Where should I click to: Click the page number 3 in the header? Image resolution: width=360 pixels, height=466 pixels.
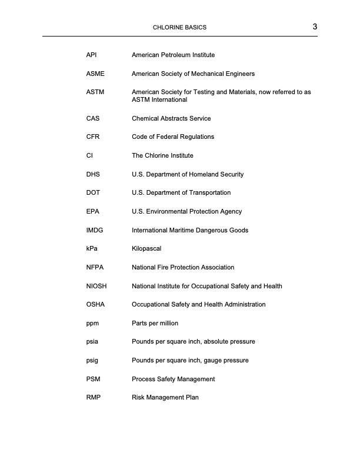[x=315, y=26]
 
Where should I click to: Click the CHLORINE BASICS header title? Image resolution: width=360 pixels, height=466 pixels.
[x=179, y=28]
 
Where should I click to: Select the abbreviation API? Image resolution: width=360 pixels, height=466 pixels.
[x=91, y=55]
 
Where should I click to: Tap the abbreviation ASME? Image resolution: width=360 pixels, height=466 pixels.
[x=95, y=74]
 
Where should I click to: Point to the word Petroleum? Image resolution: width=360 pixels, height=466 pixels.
[x=176, y=55]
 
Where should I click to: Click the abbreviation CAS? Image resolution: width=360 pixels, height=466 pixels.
[x=93, y=118]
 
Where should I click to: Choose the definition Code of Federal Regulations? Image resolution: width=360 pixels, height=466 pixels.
[x=173, y=137]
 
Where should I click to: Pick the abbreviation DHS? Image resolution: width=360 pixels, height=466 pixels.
[x=93, y=174]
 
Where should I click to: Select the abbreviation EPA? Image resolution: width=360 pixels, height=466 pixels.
[x=93, y=211]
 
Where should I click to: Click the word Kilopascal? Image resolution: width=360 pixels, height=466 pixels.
[x=146, y=248]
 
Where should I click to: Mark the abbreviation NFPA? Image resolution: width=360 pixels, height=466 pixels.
[x=94, y=267]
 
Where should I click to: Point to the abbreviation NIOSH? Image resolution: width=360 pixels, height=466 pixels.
[x=96, y=286]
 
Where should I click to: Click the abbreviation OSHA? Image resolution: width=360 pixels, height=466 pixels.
[x=95, y=304]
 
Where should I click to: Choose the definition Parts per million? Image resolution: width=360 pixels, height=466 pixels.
[x=155, y=323]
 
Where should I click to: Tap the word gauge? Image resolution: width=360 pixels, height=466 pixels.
[x=210, y=360]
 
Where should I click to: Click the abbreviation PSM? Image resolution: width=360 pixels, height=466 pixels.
[x=93, y=379]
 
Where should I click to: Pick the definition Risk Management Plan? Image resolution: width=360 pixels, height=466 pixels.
[x=165, y=397]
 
